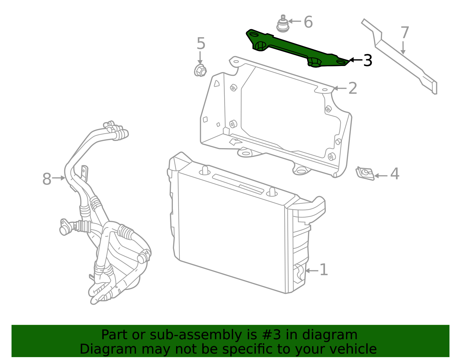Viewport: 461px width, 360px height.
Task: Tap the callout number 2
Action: point(353,88)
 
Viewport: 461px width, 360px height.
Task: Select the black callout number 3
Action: point(368,60)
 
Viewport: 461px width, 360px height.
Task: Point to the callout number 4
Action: point(395,174)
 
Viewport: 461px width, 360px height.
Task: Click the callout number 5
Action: point(201,44)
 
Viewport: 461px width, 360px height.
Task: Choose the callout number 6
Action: point(308,22)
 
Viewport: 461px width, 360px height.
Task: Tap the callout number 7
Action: point(405,33)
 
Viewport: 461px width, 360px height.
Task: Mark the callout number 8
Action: point(47,179)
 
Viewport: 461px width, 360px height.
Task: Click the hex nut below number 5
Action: point(200,70)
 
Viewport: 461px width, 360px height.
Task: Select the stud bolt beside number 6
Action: point(283,24)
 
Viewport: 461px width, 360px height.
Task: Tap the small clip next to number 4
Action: point(365,173)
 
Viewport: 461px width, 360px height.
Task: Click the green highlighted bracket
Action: point(297,48)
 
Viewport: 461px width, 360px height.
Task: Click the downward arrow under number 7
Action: point(403,48)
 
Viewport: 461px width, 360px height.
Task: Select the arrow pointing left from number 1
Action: point(312,271)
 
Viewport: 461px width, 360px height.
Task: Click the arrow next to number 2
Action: point(340,88)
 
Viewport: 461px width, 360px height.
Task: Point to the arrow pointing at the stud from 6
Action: point(295,21)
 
